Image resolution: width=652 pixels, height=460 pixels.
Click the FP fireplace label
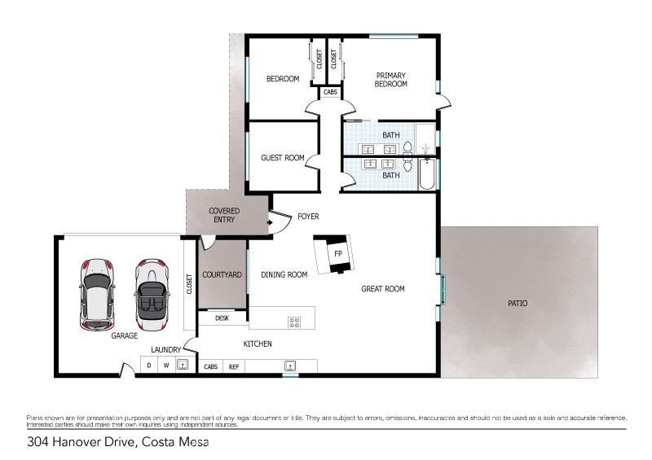338,253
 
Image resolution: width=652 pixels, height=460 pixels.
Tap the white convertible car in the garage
152,294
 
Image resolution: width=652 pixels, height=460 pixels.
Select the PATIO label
518,304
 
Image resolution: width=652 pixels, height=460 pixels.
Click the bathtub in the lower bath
427,173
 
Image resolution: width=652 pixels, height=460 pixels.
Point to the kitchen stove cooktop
294,322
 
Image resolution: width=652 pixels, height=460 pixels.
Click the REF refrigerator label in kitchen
234,367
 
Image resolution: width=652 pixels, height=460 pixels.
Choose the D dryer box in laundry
149,366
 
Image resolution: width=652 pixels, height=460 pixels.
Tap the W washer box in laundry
166,366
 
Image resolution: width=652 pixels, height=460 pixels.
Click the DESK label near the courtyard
222,318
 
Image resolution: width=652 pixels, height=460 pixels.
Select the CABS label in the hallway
330,92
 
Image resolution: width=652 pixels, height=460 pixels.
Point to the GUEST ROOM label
283,158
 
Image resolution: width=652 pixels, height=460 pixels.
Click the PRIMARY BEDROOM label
391,80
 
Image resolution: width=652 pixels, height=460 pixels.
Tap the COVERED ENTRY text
224,215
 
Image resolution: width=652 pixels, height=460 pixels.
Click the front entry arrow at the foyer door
270,223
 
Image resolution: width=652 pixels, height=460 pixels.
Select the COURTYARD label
222,274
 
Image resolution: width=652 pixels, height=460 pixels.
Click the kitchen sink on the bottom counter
290,366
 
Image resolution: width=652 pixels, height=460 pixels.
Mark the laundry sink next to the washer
182,365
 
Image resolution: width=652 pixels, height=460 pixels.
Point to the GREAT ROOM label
383,289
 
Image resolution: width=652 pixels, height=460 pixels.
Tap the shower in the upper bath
425,139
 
